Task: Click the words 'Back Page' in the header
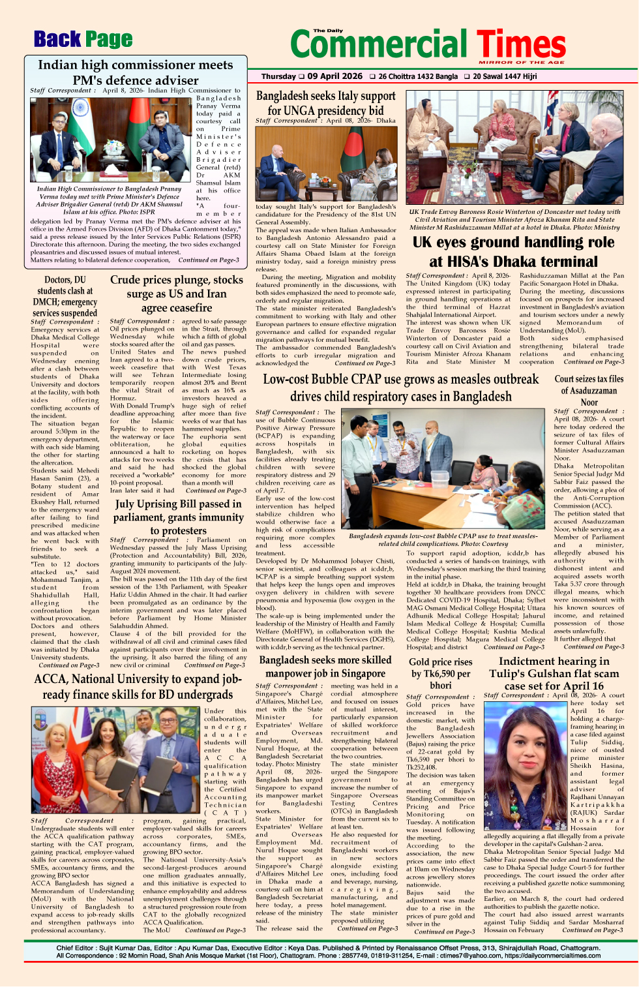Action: click(x=83, y=40)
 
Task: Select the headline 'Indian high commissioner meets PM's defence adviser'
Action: click(x=135, y=72)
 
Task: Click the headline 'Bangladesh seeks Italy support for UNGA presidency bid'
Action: click(x=325, y=103)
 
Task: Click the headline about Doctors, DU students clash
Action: click(x=65, y=296)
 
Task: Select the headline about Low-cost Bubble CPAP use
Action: click(x=400, y=387)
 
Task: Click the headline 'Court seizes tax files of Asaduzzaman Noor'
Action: click(x=589, y=390)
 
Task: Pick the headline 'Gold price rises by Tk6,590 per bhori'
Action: click(x=440, y=673)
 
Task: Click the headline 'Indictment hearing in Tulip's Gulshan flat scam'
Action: click(x=554, y=673)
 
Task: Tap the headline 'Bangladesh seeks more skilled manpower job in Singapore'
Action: click(x=325, y=666)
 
